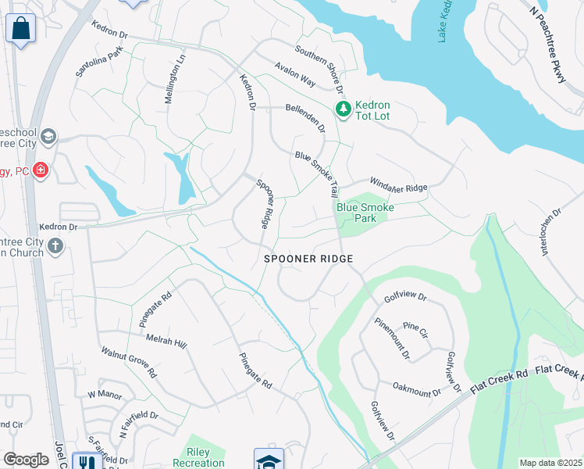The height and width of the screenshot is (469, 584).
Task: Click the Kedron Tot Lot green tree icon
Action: pyautogui.click(x=341, y=109)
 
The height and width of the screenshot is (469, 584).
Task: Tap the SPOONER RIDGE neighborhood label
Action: pyautogui.click(x=308, y=259)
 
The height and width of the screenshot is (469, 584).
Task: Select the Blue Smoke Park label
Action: pyautogui.click(x=365, y=213)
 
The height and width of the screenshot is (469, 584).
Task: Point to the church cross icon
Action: pyautogui.click(x=55, y=246)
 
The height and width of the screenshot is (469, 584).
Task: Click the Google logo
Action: pyautogui.click(x=26, y=460)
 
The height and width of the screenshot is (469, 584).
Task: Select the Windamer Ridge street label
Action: pyautogui.click(x=398, y=184)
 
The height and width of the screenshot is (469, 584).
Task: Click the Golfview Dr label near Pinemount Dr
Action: pyautogui.click(x=405, y=298)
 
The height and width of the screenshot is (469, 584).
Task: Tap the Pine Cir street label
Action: pyautogui.click(x=416, y=331)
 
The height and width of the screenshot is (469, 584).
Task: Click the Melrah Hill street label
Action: pyautogui.click(x=166, y=342)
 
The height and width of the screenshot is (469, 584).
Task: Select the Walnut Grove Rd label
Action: pyautogui.click(x=128, y=361)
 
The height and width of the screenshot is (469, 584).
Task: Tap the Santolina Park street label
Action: pyautogui.click(x=98, y=61)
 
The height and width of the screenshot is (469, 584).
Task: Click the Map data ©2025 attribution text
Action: pyautogui.click(x=550, y=463)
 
